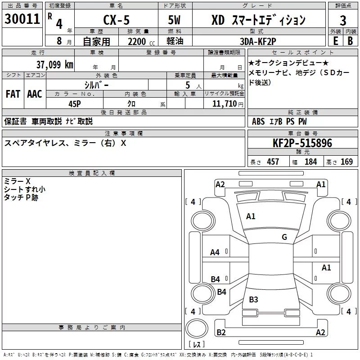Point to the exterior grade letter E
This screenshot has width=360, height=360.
coord(335,40)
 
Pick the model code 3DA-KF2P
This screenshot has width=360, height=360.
coord(258,41)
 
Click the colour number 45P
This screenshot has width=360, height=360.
coord(75,103)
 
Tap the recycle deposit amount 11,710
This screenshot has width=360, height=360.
coord(223,103)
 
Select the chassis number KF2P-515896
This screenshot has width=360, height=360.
coord(302,143)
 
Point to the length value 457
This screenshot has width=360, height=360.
coord(273,162)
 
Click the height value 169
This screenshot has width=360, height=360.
coord(346,162)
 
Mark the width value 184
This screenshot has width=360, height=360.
coord(311,162)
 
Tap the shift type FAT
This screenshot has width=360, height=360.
coord(13,94)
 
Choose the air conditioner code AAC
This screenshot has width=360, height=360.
coord(34,94)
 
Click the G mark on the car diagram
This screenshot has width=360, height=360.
coord(284,237)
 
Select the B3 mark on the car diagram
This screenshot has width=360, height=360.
coord(253,299)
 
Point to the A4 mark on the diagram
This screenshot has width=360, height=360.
coord(215,252)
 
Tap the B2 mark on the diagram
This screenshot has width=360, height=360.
coord(221,333)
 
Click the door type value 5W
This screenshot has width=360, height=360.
coord(175,20)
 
